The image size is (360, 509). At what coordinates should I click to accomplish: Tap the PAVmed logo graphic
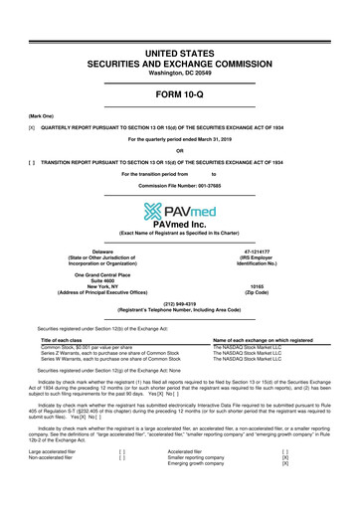pos(180,211)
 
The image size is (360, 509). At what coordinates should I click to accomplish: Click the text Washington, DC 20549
pos(180,47)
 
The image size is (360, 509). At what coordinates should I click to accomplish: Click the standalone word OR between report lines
pos(180,152)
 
